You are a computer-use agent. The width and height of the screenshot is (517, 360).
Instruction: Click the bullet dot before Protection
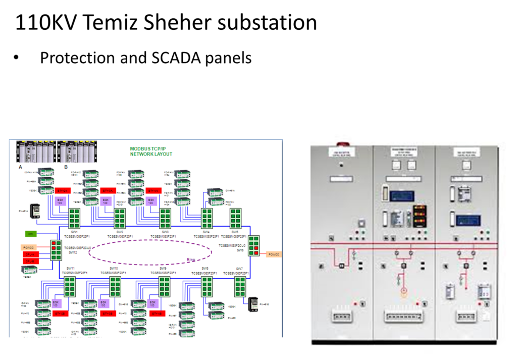[16, 58]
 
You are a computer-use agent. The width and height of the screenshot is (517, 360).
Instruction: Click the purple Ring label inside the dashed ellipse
[191, 260]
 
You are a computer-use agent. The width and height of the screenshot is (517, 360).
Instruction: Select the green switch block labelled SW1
[75, 219]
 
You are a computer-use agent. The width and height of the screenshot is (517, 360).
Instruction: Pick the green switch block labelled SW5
[236, 219]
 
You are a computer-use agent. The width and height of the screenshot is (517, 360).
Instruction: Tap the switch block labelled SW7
[239, 286]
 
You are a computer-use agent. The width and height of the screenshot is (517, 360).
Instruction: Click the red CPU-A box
[30, 254]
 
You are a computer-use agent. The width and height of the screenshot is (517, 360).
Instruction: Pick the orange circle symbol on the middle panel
[403, 291]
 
